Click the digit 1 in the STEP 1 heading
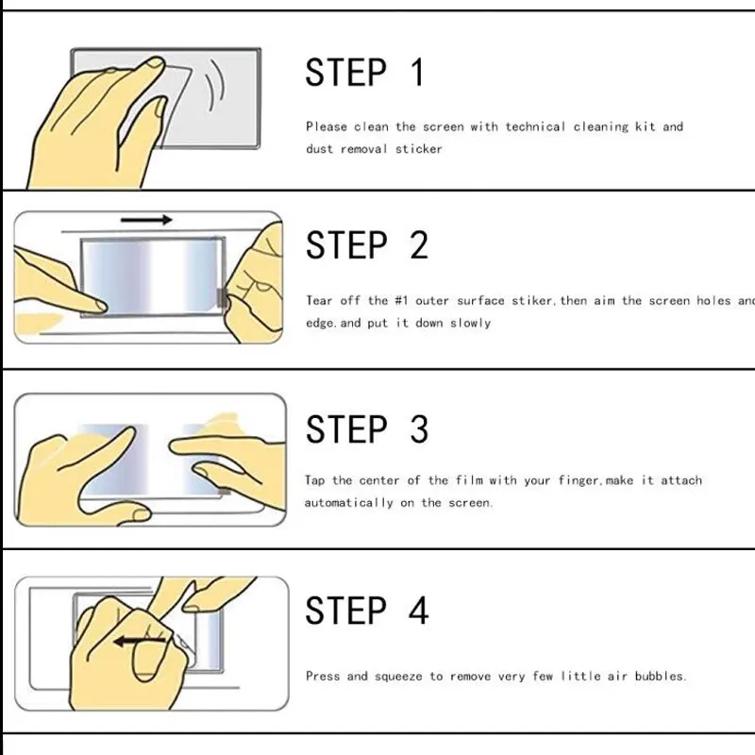pos(417,73)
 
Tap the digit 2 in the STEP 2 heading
pos(419,245)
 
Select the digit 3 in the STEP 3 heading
pos(419,429)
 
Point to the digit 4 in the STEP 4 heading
pos(418,610)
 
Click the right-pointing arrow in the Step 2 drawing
pos(146,220)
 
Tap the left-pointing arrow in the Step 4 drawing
pos(140,641)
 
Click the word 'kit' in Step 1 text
pos(646,126)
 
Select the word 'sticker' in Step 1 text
pos(418,149)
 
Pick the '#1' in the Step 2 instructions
pos(402,300)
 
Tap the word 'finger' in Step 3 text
pos(579,480)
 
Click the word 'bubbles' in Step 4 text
pos(659,676)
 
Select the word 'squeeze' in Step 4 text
pos(398,677)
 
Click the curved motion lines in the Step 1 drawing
pos(214,85)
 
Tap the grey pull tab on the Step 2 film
pos(222,298)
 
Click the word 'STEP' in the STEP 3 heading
pos(346,429)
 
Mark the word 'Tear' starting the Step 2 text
pos(319,300)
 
